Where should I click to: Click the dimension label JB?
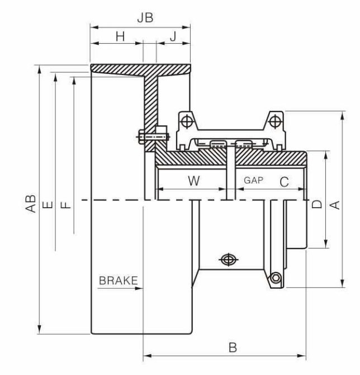click(x=145, y=18)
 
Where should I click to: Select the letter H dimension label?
click(x=120, y=36)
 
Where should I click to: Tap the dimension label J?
click(x=173, y=36)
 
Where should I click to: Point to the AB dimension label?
click(x=31, y=204)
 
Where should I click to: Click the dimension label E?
click(x=48, y=205)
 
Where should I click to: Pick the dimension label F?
click(x=66, y=205)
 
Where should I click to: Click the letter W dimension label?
click(x=193, y=181)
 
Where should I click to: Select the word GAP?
click(x=253, y=180)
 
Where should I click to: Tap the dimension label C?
click(x=285, y=182)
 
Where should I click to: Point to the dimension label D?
click(x=317, y=204)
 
